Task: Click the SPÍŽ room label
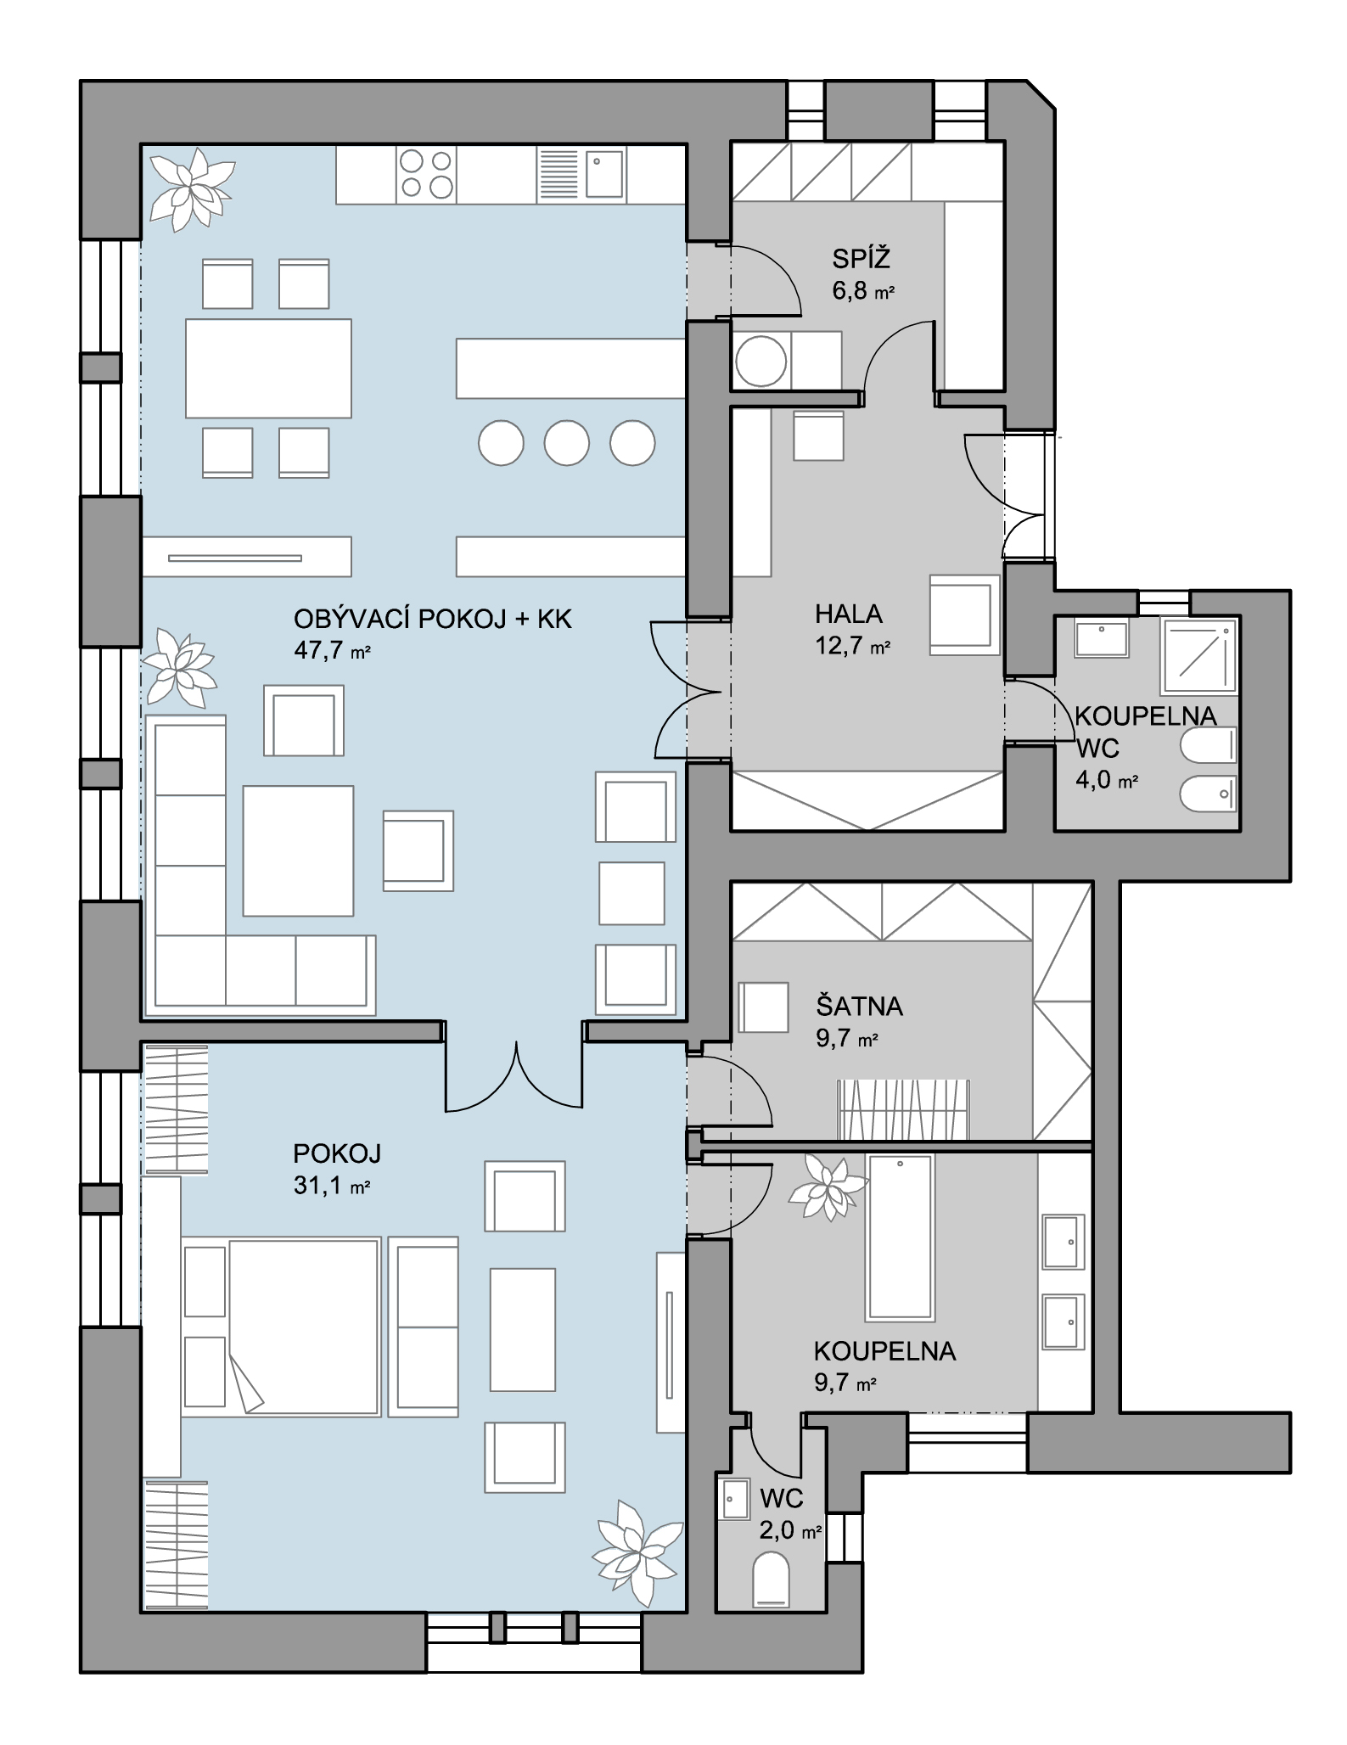861,258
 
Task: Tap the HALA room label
849,614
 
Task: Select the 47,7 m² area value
332,651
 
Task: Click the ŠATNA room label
859,1007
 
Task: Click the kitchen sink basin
603,174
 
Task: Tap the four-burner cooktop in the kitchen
426,174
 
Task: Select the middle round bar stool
567,442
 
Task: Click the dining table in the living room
268,368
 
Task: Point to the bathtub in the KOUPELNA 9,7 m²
900,1237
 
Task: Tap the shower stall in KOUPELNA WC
1199,655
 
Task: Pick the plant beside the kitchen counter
192,188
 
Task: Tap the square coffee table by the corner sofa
298,851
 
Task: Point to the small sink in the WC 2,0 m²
734,1501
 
